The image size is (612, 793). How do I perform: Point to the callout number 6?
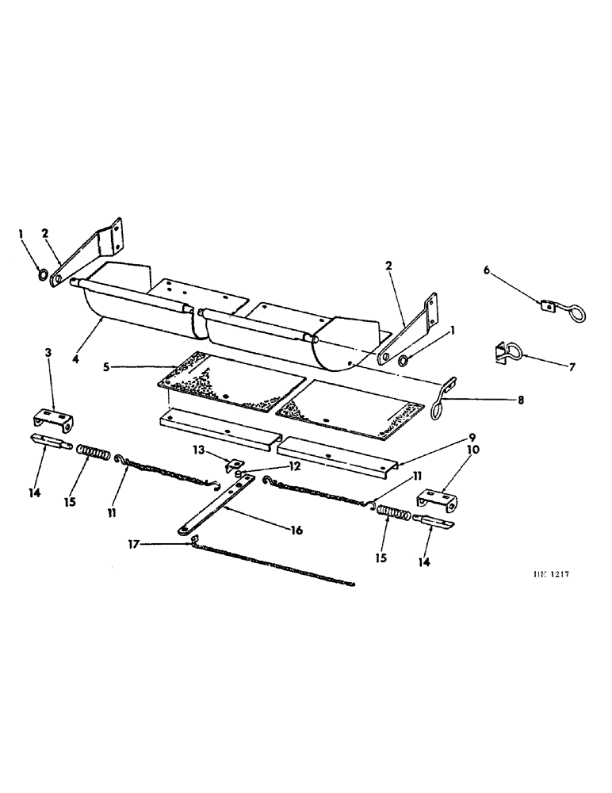[487, 270]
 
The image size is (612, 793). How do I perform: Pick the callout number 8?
[521, 401]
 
